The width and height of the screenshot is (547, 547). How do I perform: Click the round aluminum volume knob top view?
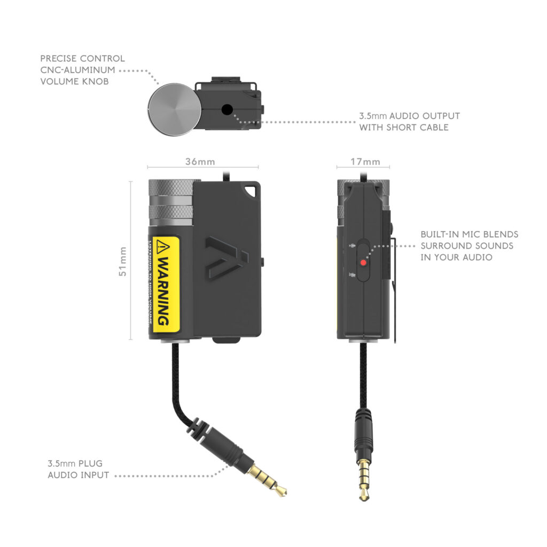click(175, 110)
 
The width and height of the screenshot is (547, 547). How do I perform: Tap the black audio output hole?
click(226, 110)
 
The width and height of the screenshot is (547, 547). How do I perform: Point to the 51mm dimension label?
click(123, 261)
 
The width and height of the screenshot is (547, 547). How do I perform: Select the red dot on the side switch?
click(363, 262)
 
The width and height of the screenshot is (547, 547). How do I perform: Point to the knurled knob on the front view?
click(170, 202)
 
